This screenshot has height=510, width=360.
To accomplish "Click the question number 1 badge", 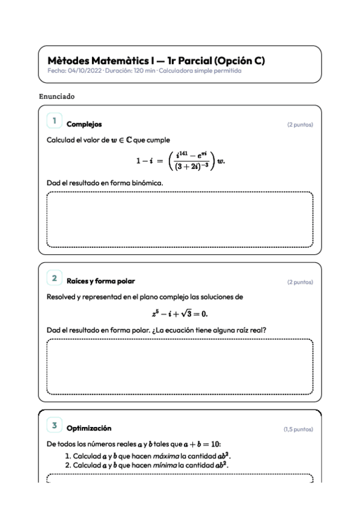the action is coord(55,121).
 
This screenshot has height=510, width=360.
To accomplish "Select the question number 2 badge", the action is coord(55,278).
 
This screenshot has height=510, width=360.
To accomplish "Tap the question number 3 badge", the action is coord(55,426).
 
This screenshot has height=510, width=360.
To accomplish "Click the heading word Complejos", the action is coord(84,124).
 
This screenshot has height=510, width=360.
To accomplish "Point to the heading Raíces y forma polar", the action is coord(100,281).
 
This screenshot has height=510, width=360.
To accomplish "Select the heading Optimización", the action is coord(89,428).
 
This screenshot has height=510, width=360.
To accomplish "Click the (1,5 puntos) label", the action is coord(297,429).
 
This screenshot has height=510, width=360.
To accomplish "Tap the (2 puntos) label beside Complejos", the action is coord(300,125).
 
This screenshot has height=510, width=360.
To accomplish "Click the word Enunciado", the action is coord(56,96).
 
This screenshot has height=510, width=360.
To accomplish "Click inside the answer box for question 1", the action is coord(180,219).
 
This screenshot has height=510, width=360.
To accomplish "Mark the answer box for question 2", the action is coord(180,366).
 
